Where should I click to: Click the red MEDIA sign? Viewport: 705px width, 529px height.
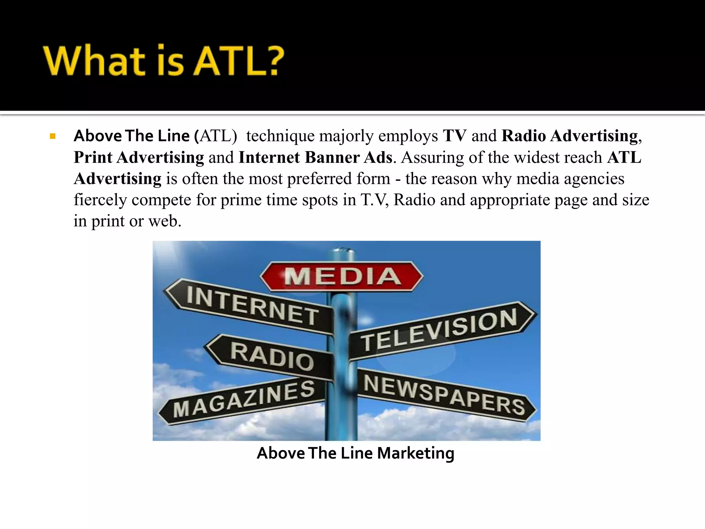click(341, 277)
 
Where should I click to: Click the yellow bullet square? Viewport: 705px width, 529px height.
click(53, 136)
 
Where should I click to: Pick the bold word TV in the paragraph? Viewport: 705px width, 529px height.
click(454, 136)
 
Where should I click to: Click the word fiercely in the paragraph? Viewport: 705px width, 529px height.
click(100, 200)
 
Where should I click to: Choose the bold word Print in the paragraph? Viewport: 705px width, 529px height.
click(93, 157)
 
